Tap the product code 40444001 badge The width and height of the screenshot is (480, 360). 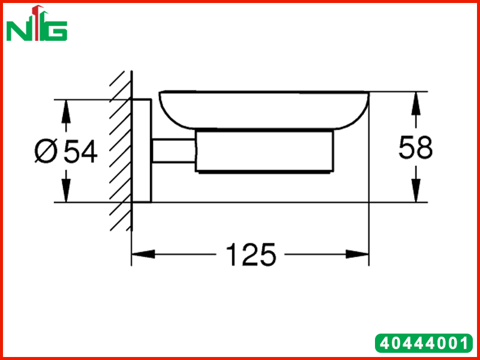click(x=424, y=343)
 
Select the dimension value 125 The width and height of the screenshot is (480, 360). click(x=251, y=254)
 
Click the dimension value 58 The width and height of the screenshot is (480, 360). click(x=416, y=148)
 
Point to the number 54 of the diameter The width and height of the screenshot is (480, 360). click(x=80, y=151)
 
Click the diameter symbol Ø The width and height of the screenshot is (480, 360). click(x=46, y=151)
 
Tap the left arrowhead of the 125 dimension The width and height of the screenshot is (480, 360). click(x=143, y=254)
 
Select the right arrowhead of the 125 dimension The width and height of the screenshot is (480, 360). click(x=357, y=254)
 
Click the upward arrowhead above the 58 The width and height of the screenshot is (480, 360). click(x=416, y=103)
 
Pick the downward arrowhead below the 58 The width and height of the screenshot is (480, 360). click(x=416, y=190)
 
